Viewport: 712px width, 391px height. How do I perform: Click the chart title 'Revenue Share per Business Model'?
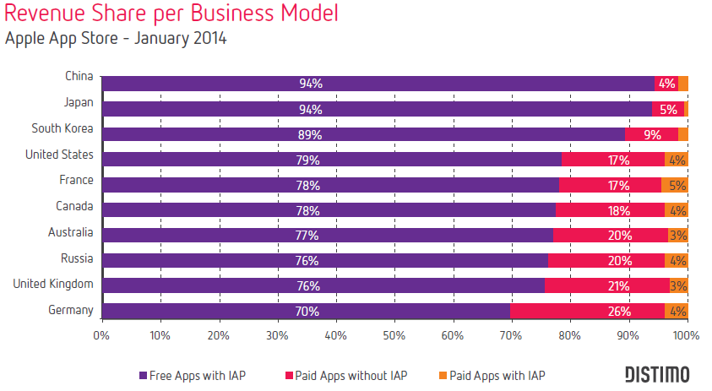[171, 14]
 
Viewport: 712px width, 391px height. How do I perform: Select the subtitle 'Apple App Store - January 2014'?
[116, 39]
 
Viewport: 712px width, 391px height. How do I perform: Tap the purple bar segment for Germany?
[306, 311]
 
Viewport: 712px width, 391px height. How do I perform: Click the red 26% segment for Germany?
[587, 311]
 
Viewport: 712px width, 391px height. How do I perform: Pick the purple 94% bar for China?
[378, 83]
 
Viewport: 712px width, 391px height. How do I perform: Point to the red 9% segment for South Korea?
[651, 133]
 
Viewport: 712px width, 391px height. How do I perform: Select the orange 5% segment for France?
[675, 184]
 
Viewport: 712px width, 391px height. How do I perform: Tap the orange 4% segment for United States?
[677, 159]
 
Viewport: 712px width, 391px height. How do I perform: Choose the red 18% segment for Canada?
[610, 209]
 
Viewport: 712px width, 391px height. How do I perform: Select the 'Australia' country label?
[72, 232]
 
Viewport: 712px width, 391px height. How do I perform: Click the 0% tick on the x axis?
[101, 334]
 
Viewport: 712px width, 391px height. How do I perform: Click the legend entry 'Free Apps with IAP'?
[197, 374]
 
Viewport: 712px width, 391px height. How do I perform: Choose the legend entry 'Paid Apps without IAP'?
[348, 374]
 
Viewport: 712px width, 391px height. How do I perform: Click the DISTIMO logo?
[656, 373]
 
